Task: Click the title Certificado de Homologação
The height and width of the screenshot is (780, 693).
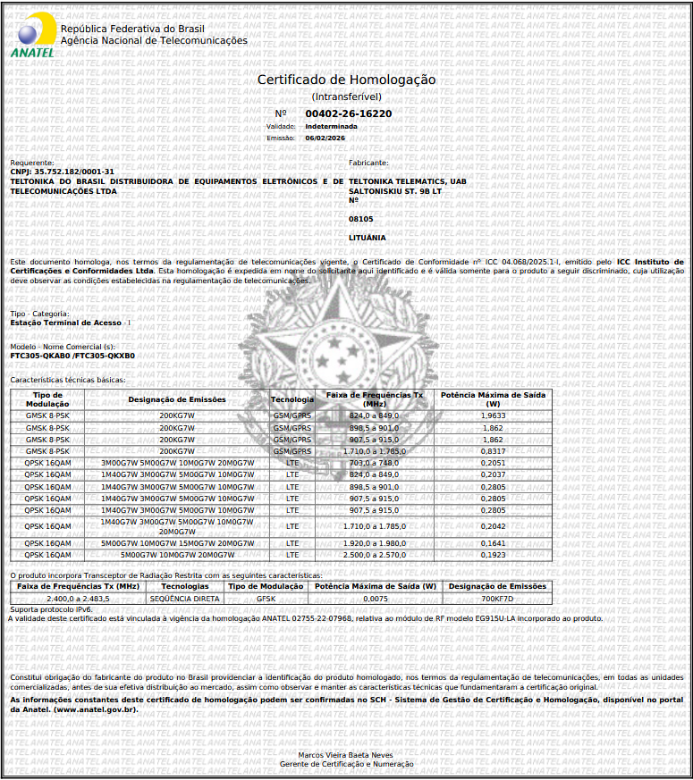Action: point(346,80)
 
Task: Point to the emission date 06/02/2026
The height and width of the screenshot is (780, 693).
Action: point(325,138)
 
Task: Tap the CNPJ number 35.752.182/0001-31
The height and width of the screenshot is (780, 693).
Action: point(74,171)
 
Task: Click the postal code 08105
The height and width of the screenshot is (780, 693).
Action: point(360,219)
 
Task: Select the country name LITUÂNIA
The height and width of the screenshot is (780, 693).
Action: point(367,238)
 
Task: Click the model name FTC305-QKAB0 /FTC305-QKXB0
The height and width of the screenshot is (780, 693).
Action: point(72,356)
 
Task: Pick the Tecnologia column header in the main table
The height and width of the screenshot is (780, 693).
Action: point(292,399)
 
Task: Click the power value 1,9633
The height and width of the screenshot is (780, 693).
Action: point(493,416)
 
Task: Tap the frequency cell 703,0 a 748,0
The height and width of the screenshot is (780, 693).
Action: point(374,463)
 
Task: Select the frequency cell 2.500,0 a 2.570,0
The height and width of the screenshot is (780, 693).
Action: point(374,555)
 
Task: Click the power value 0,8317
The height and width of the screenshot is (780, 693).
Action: point(493,451)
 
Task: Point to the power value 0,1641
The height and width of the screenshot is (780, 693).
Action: point(493,543)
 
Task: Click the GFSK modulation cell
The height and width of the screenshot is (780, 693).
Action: point(266,598)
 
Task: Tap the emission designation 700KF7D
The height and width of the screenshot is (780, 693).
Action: point(497,598)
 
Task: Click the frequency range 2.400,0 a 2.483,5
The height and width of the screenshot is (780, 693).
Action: point(78,598)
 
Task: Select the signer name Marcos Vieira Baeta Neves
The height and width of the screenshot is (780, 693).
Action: point(346,755)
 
